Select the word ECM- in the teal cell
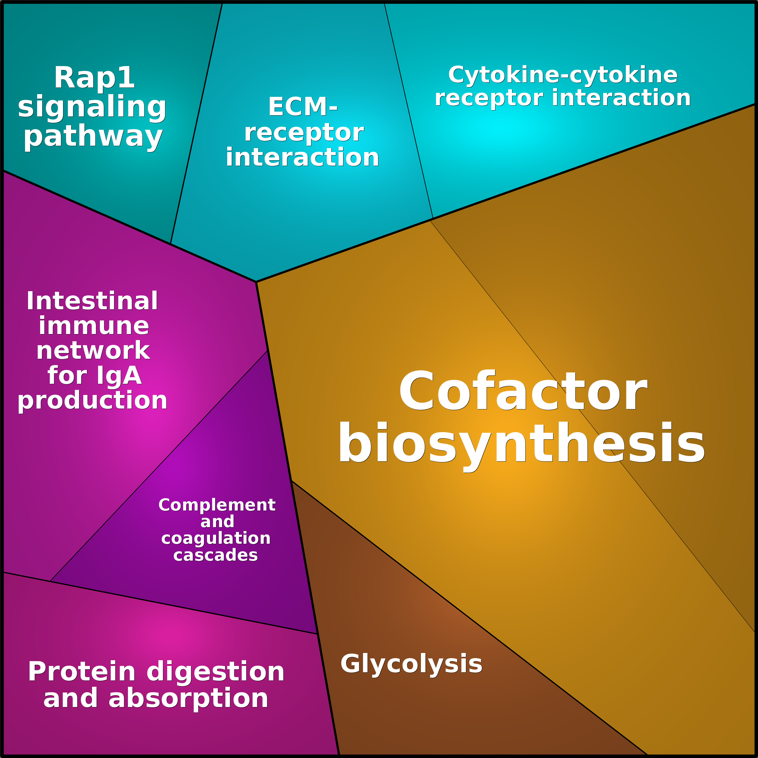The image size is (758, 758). pyautogui.click(x=302, y=107)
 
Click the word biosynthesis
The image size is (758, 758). pyautogui.click(x=521, y=444)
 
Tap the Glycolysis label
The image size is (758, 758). pyautogui.click(x=411, y=664)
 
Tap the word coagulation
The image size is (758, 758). pyautogui.click(x=216, y=539)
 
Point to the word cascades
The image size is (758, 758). pyautogui.click(x=215, y=555)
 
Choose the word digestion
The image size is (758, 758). pyautogui.click(x=215, y=672)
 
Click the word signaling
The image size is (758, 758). pyautogui.click(x=92, y=107)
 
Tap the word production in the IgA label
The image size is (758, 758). pyautogui.click(x=93, y=401)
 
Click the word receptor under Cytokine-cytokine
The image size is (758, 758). pyautogui.click(x=489, y=98)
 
